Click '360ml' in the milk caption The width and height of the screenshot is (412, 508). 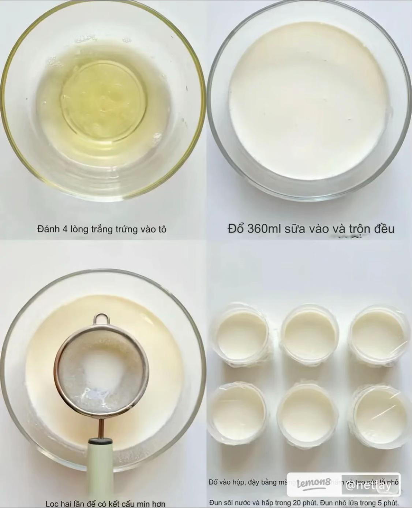click(x=263, y=229)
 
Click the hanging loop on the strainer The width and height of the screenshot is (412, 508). click(x=101, y=319)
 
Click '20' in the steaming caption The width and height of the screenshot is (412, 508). click(x=297, y=503)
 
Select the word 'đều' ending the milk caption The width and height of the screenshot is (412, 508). click(x=384, y=229)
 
